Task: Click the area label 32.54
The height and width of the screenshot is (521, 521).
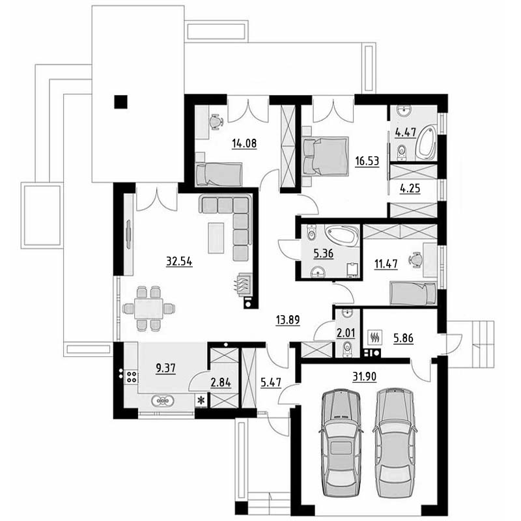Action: [179, 262]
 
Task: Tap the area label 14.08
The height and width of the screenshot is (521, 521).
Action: [244, 143]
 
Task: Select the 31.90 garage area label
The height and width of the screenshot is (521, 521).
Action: [365, 376]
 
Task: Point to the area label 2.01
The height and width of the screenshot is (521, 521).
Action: [346, 333]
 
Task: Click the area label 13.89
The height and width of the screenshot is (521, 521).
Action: [288, 320]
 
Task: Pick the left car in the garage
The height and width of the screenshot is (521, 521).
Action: [341, 444]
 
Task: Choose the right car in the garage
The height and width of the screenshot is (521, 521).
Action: [395, 443]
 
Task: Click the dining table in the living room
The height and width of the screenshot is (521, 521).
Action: [148, 309]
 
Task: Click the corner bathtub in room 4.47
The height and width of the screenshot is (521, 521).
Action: [426, 142]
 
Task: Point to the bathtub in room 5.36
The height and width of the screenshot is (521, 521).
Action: [343, 235]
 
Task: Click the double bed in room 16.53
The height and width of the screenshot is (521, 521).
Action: [325, 156]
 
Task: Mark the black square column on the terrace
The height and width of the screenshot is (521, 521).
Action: [120, 102]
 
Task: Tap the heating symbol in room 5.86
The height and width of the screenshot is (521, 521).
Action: [376, 337]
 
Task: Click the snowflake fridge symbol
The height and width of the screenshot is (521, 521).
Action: [201, 401]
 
